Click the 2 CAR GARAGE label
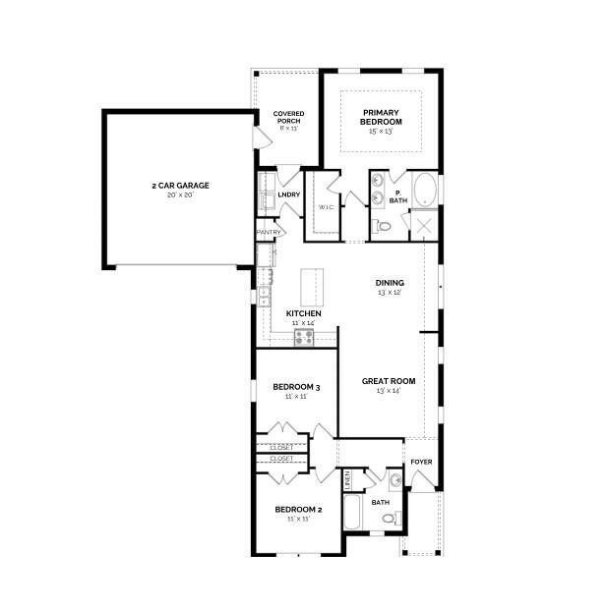[180, 185]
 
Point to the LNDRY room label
[288, 194]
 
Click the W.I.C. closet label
[326, 207]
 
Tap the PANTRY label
[269, 233]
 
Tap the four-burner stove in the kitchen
[303, 337]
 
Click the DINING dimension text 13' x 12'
[390, 293]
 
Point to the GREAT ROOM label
[389, 380]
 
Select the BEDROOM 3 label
[296, 387]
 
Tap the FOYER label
[421, 462]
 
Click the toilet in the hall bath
[388, 517]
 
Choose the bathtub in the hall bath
[352, 512]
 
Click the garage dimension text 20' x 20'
[180, 195]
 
